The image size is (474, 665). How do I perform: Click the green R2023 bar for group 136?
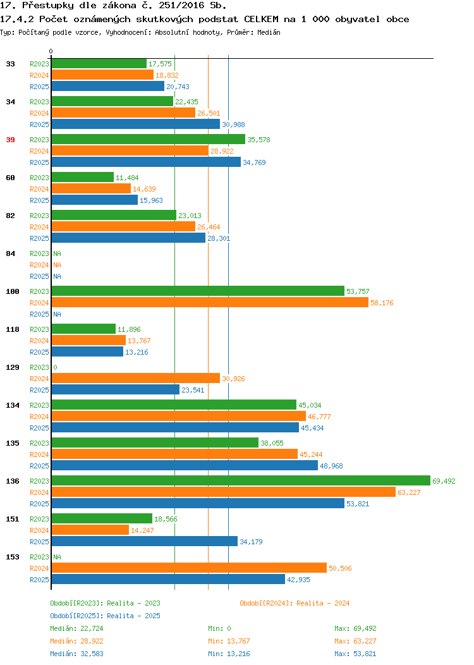click(x=241, y=480)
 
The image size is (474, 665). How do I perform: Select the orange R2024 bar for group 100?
click(x=210, y=302)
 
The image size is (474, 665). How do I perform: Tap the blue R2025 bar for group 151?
click(x=145, y=541)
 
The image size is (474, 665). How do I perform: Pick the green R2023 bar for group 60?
click(x=83, y=177)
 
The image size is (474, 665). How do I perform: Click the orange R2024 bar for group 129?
click(x=136, y=378)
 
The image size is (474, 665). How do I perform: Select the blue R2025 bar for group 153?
click(x=168, y=579)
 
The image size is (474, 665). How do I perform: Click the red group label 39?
click(x=11, y=140)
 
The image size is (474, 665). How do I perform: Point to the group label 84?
click(x=11, y=253)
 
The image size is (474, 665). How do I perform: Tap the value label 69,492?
click(x=444, y=481)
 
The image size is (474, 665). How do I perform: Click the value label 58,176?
click(x=382, y=303)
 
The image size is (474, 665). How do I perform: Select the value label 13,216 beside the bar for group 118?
click(x=137, y=352)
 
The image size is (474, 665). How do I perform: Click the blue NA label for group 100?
click(x=58, y=314)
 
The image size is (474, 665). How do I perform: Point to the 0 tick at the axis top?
click(x=51, y=51)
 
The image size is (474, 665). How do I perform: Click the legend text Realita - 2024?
click(x=323, y=603)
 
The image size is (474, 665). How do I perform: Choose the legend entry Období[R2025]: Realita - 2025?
click(x=105, y=616)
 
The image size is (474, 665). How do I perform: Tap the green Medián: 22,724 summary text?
click(x=76, y=628)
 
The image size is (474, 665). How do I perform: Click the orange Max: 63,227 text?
click(x=355, y=641)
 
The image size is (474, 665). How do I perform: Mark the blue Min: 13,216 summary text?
click(x=229, y=654)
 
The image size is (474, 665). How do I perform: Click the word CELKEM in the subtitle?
click(x=261, y=19)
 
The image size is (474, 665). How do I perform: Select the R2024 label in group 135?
click(x=39, y=455)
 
